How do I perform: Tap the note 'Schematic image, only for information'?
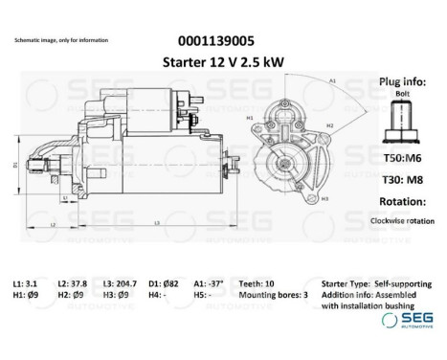(61, 40)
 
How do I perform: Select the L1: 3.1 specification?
(26, 284)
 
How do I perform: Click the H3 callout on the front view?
(324, 198)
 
